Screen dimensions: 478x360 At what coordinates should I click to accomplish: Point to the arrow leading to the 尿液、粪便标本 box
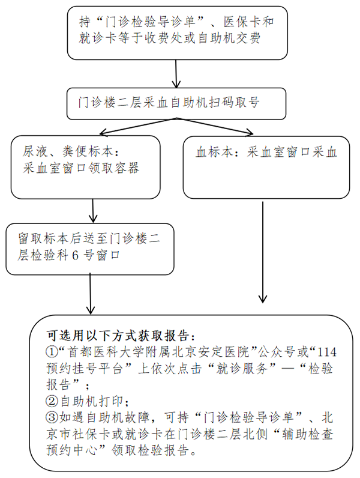135,127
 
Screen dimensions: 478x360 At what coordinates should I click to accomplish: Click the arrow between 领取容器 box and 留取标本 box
93,211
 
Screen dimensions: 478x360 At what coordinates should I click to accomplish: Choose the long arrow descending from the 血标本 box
262,252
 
